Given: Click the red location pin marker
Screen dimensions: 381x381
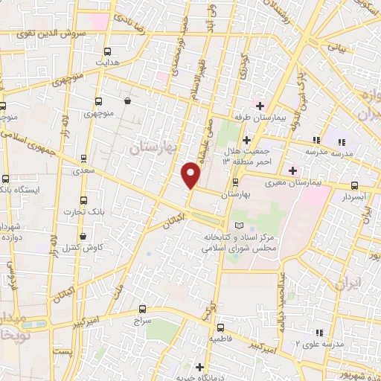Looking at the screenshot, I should [191, 175].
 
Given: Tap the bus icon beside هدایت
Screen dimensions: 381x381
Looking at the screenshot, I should [109, 52].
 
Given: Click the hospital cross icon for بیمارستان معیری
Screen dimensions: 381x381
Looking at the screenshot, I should [293, 170].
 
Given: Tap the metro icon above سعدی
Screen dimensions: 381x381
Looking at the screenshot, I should [83, 158].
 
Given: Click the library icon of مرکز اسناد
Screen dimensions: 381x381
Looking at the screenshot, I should [238, 225].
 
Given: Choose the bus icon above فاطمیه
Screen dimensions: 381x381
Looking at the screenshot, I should [220, 327].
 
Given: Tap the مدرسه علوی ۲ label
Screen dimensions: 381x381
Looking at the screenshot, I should [318, 344].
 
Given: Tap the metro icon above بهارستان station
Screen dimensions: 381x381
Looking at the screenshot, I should [235, 182].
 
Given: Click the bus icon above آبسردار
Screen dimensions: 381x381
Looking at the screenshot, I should [353, 186].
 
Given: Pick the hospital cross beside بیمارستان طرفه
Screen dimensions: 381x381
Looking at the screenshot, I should [260, 105].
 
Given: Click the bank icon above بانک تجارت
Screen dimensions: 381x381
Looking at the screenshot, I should [83, 201].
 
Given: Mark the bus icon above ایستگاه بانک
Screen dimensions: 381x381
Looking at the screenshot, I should [6, 179].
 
